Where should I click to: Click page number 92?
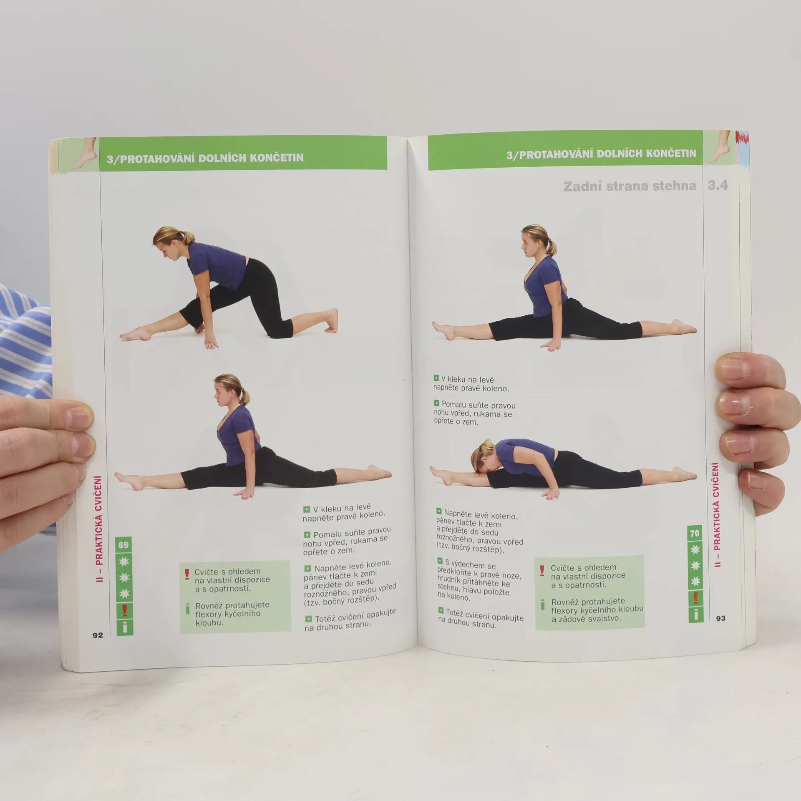(x=97, y=635)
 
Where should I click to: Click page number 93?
(x=721, y=618)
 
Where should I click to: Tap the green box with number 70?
(x=695, y=533)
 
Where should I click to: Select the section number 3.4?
(x=718, y=185)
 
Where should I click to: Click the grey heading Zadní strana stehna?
(x=630, y=186)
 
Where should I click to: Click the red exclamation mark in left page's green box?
(x=187, y=574)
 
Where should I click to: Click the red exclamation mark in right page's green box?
(x=542, y=571)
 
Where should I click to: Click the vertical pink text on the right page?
(x=716, y=514)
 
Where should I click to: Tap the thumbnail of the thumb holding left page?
(x=81, y=418)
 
